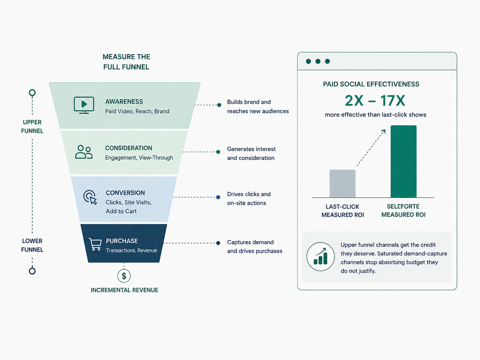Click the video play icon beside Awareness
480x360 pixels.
click(x=84, y=105)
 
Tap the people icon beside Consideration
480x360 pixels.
click(x=84, y=152)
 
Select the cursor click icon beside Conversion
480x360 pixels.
click(x=90, y=197)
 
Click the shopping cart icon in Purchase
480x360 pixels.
click(x=95, y=244)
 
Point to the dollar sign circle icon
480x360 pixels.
click(x=124, y=276)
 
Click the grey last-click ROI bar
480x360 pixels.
click(x=342, y=184)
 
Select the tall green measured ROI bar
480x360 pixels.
click(x=403, y=161)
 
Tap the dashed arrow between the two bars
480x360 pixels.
click(x=371, y=148)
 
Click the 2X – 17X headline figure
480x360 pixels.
click(x=375, y=100)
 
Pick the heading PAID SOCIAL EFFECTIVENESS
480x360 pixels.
click(x=371, y=84)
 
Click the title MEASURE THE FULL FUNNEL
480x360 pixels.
click(x=126, y=62)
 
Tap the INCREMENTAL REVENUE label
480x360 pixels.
click(x=124, y=290)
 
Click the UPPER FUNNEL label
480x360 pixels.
click(x=32, y=127)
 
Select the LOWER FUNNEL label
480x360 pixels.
click(x=32, y=245)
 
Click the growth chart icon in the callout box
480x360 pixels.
click(x=321, y=256)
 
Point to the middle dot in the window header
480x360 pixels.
click(x=318, y=61)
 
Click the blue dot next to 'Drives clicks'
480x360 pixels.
click(x=218, y=197)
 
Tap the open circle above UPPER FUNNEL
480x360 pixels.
click(x=32, y=93)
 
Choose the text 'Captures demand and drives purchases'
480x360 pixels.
click(x=255, y=247)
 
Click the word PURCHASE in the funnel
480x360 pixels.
click(x=122, y=241)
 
